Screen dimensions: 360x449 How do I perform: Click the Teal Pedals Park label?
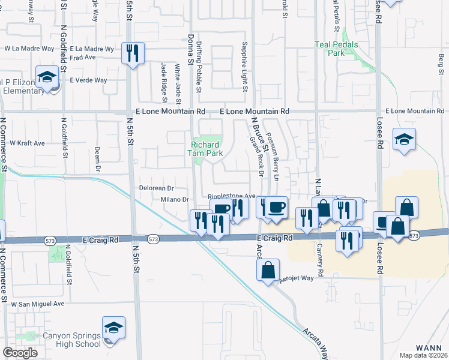coord(337,49)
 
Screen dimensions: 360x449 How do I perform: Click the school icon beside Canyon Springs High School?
coord(113,329)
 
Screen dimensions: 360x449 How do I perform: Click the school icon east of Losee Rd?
coord(404,140)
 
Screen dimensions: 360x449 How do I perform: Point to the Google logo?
coord(20,352)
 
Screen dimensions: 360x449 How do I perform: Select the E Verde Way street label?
coord(88,80)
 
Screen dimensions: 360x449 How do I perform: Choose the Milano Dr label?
coord(175,200)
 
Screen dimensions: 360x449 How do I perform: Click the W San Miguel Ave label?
coord(37,304)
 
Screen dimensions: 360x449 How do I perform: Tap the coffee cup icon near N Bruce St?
coord(277,208)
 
